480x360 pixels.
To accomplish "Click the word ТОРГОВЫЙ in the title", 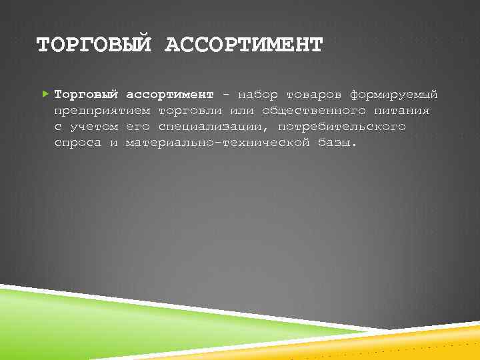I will [95, 45].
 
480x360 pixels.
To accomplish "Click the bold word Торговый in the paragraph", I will [86, 94].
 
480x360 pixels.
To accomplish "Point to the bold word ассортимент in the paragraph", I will [170, 94].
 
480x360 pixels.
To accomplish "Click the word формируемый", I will [393, 95].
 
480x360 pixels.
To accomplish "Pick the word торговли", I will [189, 110].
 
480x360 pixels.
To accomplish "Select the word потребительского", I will [341, 127].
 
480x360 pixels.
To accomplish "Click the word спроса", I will [77, 143].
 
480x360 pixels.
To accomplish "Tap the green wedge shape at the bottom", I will [100, 320].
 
